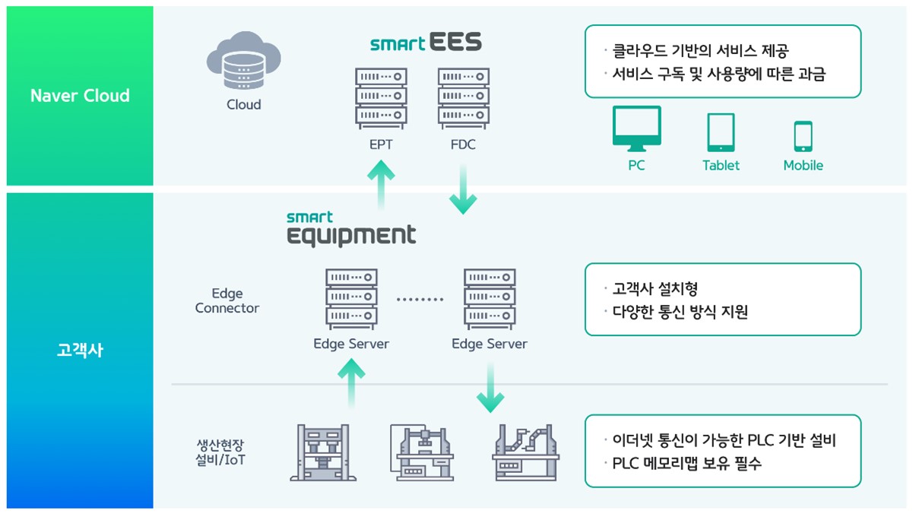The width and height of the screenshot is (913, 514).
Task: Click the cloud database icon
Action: tap(243, 60)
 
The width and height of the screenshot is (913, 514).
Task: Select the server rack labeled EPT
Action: tap(381, 97)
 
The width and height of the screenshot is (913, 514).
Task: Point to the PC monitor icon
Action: tap(636, 130)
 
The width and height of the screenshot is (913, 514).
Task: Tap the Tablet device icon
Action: tap(721, 132)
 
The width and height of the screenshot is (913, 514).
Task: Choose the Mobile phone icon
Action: tap(803, 136)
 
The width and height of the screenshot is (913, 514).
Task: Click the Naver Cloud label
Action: tap(80, 96)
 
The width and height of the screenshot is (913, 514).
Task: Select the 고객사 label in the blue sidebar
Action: tap(80, 351)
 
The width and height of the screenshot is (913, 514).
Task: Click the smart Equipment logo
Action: tap(351, 229)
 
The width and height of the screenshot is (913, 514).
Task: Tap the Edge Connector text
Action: tap(227, 300)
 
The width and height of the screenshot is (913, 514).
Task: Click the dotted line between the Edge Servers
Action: tap(420, 300)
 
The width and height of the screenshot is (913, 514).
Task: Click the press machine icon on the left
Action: tap(323, 452)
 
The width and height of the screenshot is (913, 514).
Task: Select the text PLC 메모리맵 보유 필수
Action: tap(686, 463)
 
